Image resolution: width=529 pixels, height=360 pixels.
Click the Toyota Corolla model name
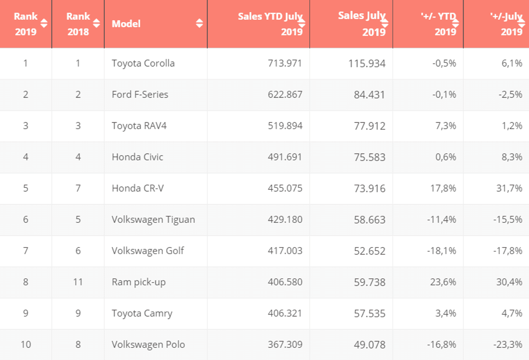(143, 64)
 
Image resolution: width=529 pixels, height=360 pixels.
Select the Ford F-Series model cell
(140, 95)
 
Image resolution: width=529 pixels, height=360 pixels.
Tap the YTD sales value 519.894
(285, 126)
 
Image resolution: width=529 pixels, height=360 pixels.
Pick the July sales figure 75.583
(370, 157)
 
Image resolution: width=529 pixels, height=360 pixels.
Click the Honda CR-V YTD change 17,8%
(443, 188)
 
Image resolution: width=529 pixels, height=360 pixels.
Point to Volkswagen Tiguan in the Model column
(153, 220)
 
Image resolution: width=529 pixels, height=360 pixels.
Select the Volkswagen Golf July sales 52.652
(370, 251)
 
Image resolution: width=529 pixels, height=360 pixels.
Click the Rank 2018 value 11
(78, 282)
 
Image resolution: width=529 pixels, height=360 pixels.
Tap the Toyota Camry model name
(142, 313)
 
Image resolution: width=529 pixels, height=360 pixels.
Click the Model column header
(126, 24)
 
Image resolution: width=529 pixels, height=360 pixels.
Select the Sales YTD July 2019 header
(270, 24)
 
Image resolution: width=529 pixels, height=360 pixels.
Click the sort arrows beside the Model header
(199, 23)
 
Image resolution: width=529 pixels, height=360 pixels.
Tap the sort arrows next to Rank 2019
(44, 23)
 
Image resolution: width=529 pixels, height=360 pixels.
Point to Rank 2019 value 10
(25, 345)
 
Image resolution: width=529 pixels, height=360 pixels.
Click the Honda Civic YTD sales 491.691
(285, 157)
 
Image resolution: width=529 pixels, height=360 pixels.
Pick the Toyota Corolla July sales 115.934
(367, 64)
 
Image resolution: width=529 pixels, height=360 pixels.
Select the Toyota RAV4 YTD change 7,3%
(445, 126)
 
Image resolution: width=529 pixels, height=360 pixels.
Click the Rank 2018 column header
(78, 24)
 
